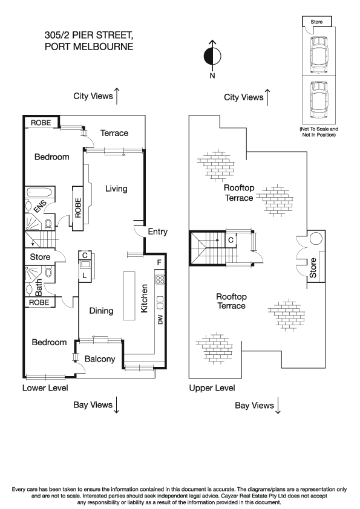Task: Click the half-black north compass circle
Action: (212, 56)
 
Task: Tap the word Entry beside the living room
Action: (157, 232)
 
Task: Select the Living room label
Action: (116, 189)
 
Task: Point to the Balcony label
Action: (100, 359)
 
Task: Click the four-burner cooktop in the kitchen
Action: (160, 280)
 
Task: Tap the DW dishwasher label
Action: (160, 320)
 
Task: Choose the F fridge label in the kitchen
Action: (159, 262)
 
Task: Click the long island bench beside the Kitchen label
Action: (128, 296)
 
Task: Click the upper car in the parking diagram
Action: (318, 53)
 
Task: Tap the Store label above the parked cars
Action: (317, 22)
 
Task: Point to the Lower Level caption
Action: (45, 387)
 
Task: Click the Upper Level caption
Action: (212, 387)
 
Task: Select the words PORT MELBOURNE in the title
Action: (88, 46)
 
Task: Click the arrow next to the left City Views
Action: (117, 96)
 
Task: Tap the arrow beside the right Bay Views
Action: (278, 406)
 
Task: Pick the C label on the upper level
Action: (231, 240)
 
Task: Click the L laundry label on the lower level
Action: (84, 276)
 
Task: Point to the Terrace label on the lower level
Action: (114, 133)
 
